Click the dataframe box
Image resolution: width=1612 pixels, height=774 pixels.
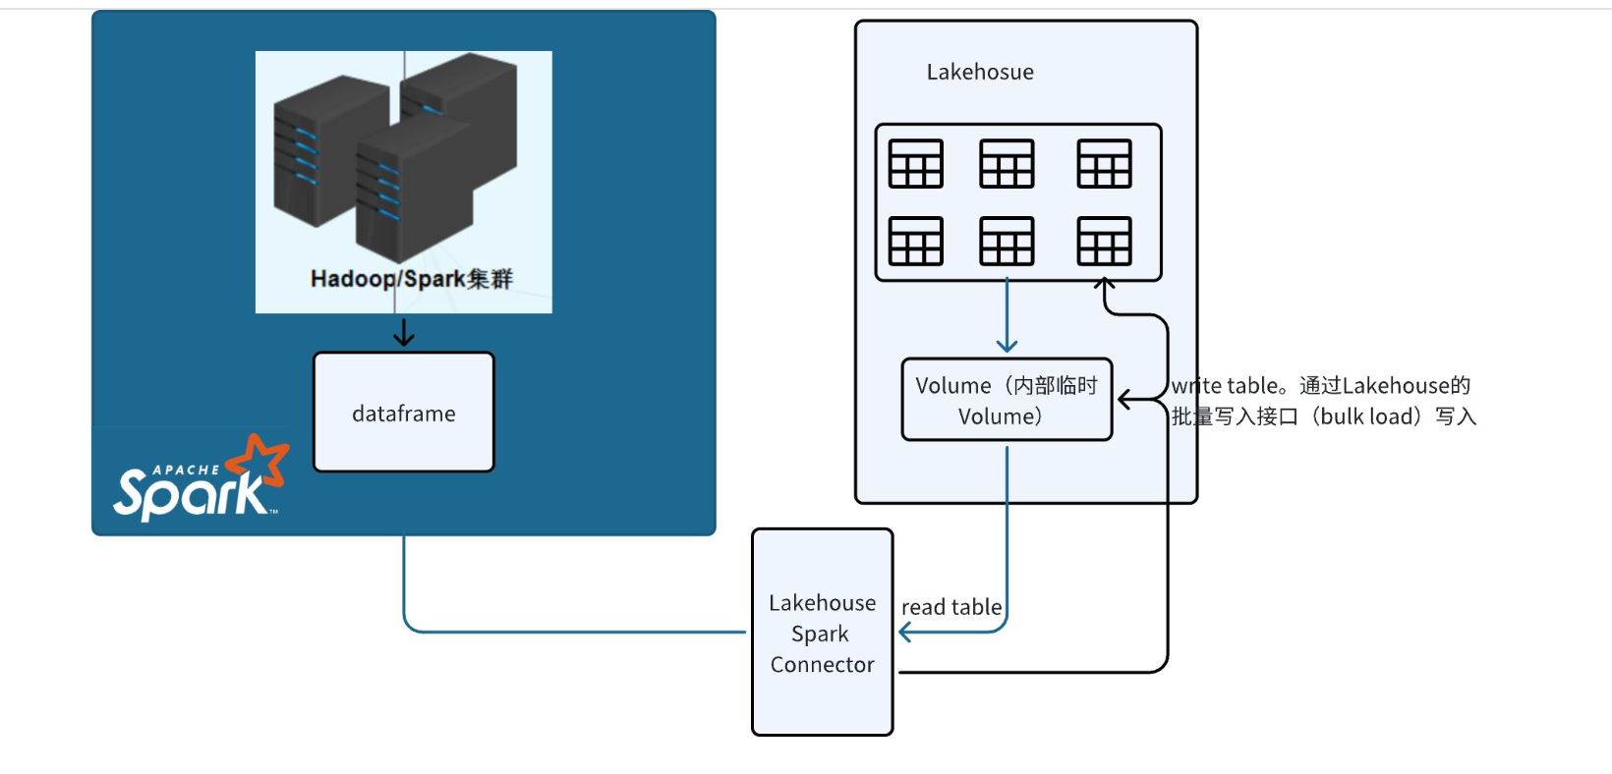tap(403, 413)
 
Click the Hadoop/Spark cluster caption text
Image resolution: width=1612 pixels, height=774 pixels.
tap(411, 279)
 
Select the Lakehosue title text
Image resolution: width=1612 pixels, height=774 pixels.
tap(980, 72)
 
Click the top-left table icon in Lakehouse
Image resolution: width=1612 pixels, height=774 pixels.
tap(915, 163)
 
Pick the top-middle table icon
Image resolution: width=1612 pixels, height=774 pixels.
tap(1007, 163)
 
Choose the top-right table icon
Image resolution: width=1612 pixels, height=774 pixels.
tap(1104, 163)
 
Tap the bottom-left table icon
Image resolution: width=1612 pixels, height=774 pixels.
tap(915, 241)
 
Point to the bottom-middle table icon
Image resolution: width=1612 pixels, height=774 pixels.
tap(1007, 241)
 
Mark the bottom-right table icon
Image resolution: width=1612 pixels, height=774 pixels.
tap(1104, 241)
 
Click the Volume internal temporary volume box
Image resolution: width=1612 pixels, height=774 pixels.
tap(1007, 400)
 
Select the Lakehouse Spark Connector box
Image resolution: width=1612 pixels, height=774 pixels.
tap(822, 633)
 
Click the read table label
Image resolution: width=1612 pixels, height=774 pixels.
tap(951, 607)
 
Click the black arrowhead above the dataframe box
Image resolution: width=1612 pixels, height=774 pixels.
tap(404, 339)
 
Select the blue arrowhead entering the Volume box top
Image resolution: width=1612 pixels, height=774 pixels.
tap(1007, 346)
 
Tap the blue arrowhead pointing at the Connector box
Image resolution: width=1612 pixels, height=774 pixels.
tap(905, 633)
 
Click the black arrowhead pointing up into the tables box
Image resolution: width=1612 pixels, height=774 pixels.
tap(1105, 284)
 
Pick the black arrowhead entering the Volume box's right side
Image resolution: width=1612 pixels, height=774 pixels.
tap(1124, 400)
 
